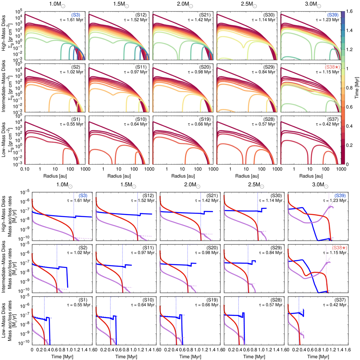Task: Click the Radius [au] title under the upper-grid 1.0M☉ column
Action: (x=55, y=176)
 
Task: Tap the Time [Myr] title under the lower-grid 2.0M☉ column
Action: (x=188, y=356)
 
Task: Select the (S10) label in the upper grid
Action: (x=142, y=119)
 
